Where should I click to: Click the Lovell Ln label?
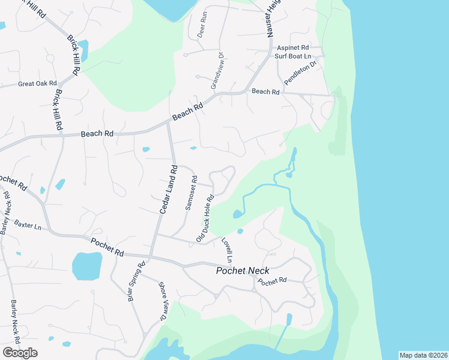[226, 250]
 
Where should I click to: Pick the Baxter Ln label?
[28, 224]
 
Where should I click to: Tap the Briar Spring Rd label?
[136, 281]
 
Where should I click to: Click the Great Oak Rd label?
[37, 83]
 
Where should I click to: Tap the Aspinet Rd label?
[293, 47]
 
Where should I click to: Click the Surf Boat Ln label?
[294, 56]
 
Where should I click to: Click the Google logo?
[20, 353]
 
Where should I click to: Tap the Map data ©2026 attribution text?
[423, 355]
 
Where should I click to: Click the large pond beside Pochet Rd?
[87, 266]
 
